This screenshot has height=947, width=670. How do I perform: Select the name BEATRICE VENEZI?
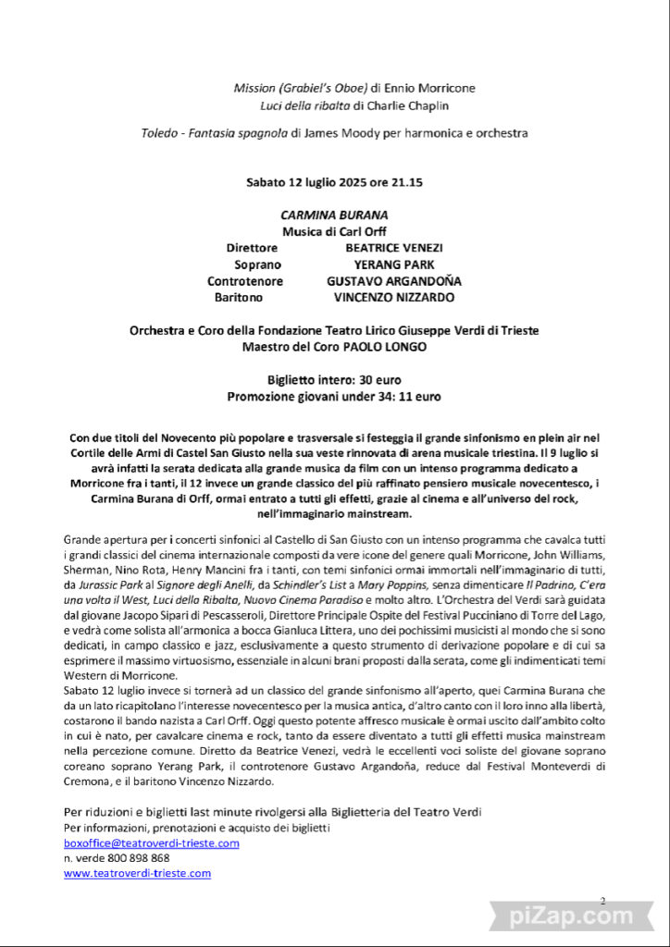click(393, 248)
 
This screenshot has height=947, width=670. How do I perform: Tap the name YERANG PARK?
click(393, 264)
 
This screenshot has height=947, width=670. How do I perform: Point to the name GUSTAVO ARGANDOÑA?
click(393, 281)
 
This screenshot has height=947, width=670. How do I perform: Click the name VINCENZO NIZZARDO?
click(393, 298)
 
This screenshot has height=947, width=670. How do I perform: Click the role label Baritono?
click(239, 298)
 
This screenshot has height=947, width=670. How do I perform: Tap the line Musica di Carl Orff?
click(334, 231)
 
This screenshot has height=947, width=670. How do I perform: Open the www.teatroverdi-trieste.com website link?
click(137, 872)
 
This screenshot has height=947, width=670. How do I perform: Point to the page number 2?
click(602, 900)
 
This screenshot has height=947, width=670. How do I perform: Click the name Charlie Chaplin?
click(392, 105)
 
